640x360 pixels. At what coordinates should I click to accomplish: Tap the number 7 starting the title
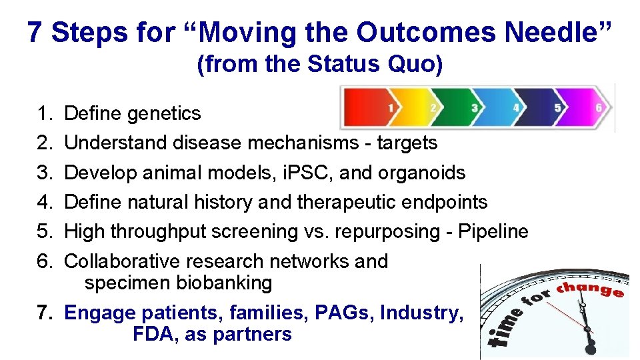coord(35,32)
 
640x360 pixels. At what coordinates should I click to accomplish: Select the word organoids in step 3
coord(421,173)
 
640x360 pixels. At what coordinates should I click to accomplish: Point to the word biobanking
coord(224,283)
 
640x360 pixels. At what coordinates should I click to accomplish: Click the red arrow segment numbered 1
coord(373,107)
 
